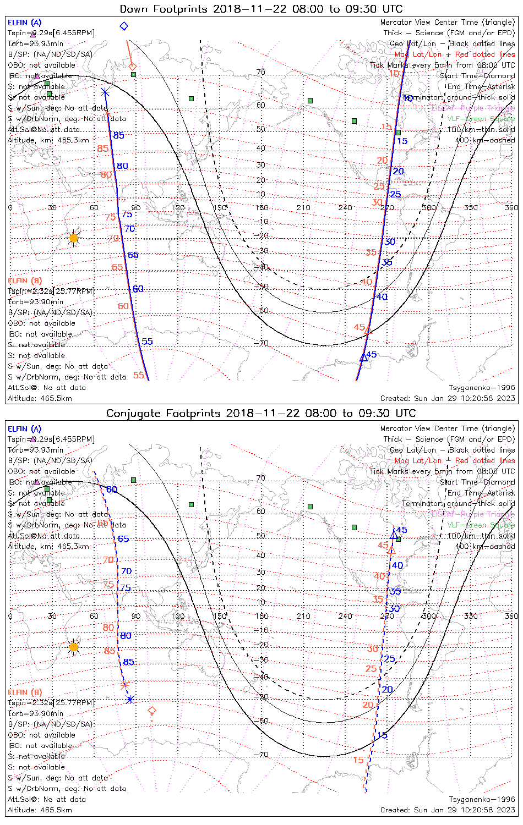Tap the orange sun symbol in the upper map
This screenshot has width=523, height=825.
click(x=74, y=238)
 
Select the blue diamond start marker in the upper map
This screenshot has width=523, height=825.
click(x=124, y=26)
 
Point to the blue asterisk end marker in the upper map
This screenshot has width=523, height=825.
click(x=105, y=92)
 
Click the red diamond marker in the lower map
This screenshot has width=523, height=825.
click(x=152, y=711)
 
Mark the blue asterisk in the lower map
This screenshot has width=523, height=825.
click(x=130, y=700)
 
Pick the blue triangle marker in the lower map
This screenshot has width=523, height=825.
click(x=393, y=535)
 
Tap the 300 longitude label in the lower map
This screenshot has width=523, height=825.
click(x=429, y=616)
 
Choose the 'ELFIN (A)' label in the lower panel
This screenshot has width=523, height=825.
click(x=25, y=428)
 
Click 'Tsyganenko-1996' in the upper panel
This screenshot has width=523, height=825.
click(x=482, y=388)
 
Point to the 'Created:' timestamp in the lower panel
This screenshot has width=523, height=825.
click(x=448, y=810)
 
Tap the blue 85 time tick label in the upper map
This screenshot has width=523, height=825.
click(x=118, y=135)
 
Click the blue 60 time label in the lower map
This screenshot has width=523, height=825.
click(x=112, y=490)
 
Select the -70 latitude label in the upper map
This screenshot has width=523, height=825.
click(x=263, y=344)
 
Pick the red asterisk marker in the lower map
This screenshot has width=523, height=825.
click(x=124, y=685)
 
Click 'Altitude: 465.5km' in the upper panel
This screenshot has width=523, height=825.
click(x=40, y=398)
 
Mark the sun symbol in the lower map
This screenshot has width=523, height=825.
click(x=74, y=647)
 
